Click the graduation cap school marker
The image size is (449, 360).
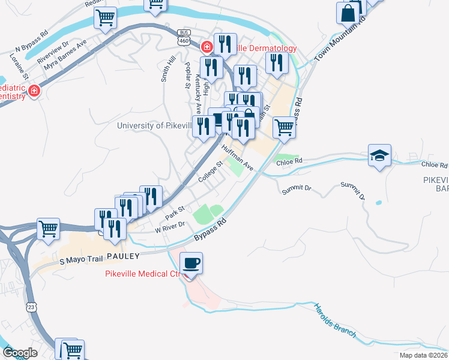379,156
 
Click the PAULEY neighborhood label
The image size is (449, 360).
124,256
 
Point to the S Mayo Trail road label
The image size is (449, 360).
82,260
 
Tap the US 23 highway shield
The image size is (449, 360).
31,307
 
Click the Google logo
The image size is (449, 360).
20,353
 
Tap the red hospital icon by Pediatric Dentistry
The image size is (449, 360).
34,91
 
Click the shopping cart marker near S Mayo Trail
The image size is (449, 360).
48,229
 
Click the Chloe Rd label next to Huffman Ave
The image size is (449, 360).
289,161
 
